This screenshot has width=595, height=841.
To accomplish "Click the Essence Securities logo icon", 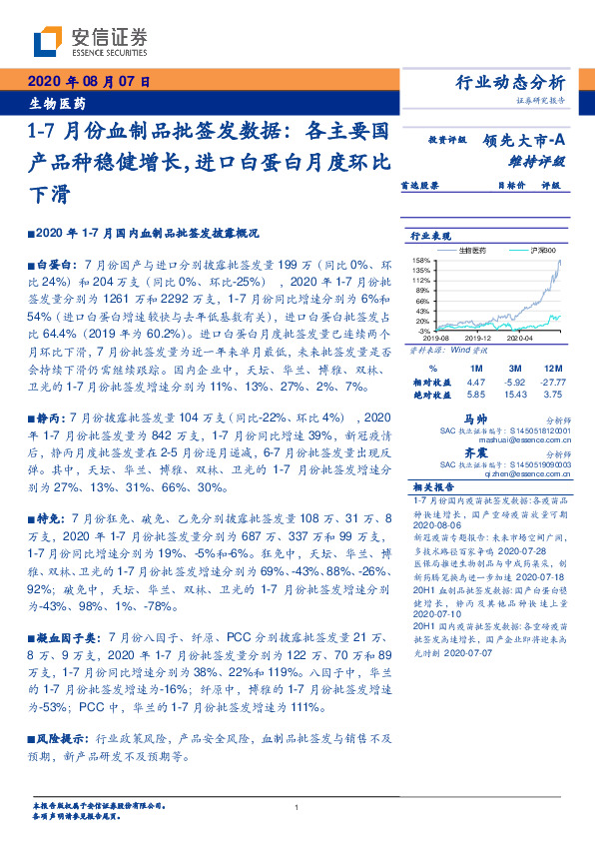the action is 47,41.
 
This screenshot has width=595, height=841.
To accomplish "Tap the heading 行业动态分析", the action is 510,83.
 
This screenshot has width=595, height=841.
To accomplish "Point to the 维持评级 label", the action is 538,161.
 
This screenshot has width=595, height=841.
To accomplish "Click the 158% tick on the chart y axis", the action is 422,260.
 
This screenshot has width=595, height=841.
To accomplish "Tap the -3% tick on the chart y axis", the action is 424,330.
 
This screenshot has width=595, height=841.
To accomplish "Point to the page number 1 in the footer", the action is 297,808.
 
